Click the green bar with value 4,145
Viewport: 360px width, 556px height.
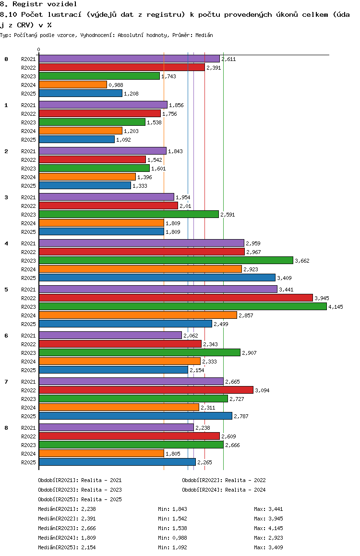click(183, 306)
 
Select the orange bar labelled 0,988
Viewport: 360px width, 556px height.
click(73, 85)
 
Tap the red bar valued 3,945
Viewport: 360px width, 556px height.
click(176, 298)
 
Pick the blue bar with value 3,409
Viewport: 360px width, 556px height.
click(157, 278)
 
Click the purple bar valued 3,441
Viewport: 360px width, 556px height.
click(158, 290)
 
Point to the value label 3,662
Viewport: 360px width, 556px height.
click(302, 261)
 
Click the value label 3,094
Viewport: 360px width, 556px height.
click(262, 390)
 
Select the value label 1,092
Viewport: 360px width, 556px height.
click(124, 140)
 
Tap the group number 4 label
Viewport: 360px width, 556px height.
click(6, 243)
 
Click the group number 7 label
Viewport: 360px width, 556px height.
click(6, 382)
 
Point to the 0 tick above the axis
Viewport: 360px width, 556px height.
click(38, 49)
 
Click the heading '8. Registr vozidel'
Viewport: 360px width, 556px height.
click(38, 4)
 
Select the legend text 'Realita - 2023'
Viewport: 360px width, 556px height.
click(101, 490)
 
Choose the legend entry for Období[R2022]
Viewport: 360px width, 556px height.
click(224, 480)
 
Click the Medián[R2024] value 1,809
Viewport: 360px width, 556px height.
click(89, 538)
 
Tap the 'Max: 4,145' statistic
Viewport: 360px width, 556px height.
click(268, 528)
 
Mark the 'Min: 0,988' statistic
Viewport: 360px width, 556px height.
click(172, 538)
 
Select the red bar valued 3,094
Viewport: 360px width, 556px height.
click(146, 390)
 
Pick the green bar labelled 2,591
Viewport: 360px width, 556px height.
click(129, 214)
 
